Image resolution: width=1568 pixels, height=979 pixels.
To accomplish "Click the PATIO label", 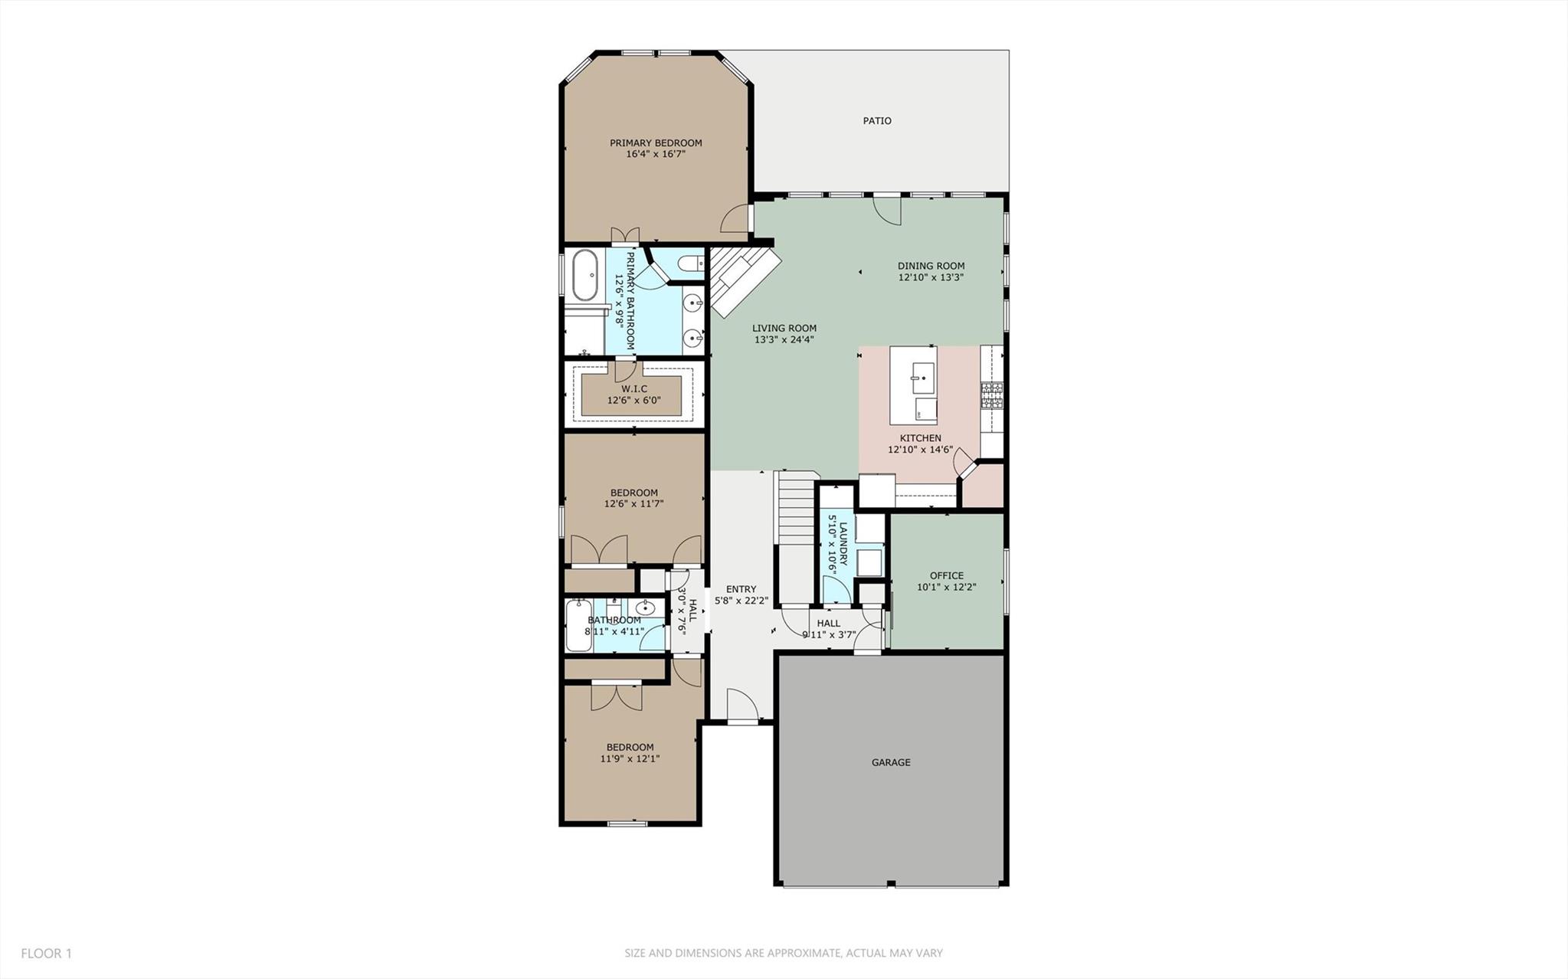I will [876, 120].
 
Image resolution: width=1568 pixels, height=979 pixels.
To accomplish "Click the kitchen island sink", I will [918, 377].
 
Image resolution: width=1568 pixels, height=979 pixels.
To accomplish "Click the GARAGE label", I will [891, 762].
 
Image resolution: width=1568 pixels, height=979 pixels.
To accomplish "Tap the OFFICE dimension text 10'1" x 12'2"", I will [946, 588].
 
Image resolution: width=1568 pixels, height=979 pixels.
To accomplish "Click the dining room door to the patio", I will [889, 209].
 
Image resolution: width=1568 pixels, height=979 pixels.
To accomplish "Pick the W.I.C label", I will [633, 389].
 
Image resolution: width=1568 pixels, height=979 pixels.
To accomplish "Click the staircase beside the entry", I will [795, 509].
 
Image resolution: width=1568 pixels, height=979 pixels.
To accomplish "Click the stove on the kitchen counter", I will [992, 395].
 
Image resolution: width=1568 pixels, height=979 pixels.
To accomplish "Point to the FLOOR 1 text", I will [46, 953].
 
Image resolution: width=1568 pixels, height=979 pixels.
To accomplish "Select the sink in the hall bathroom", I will [646, 609].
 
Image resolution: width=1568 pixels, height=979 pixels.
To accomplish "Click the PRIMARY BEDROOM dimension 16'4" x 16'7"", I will [655, 154].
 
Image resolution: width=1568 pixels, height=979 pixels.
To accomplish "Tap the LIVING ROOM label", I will [784, 328].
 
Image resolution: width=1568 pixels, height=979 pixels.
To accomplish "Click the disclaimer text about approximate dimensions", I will [783, 953].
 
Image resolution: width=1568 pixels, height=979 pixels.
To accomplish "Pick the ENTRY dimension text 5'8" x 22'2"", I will [741, 601].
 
